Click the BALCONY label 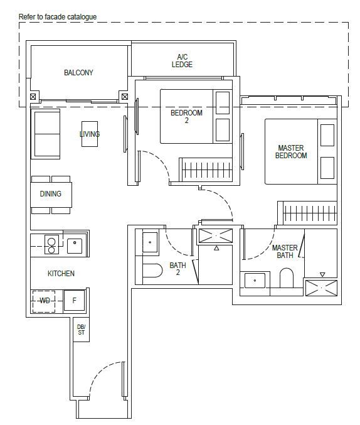(78, 73)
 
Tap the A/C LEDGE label (182, 61)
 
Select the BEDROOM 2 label (186, 116)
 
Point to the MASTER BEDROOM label (291, 152)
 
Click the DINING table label (51, 194)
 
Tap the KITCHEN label (61, 274)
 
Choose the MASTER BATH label (285, 252)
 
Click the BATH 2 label (177, 269)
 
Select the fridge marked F (74, 301)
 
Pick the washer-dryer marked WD (44, 301)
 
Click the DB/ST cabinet (82, 330)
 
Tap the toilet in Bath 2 (152, 270)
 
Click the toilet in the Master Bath (287, 278)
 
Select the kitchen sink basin (75, 246)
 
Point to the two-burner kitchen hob (51, 244)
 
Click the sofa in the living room (46, 134)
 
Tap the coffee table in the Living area (90, 134)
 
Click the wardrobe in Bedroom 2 (206, 169)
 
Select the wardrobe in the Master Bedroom (307, 213)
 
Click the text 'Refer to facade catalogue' (58, 17)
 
